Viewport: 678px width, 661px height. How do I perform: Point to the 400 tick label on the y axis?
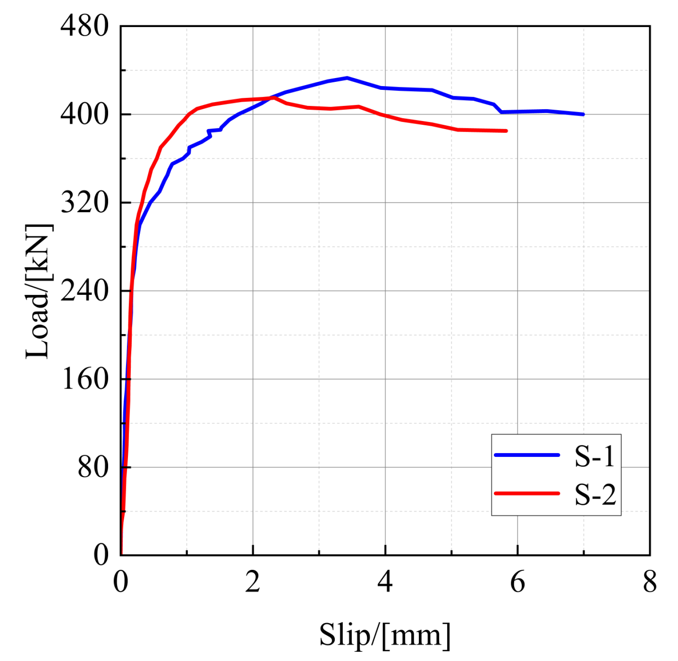point(84,114)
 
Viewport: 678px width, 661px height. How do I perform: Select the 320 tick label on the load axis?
point(84,202)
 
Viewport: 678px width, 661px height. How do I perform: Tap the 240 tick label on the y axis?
point(84,291)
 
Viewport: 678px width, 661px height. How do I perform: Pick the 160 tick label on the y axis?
point(84,379)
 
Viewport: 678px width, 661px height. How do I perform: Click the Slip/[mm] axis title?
point(385,635)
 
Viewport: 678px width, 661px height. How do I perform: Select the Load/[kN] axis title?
point(39,291)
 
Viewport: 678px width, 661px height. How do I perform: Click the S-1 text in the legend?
point(594,456)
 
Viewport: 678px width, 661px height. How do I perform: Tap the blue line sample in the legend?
point(527,455)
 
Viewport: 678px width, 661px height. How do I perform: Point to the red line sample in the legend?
point(527,493)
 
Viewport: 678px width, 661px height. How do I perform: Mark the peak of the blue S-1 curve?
point(347,78)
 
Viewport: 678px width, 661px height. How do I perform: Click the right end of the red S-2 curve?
point(506,131)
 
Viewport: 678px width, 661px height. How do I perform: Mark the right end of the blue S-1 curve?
point(583,114)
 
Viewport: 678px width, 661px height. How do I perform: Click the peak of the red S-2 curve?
point(274,97)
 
